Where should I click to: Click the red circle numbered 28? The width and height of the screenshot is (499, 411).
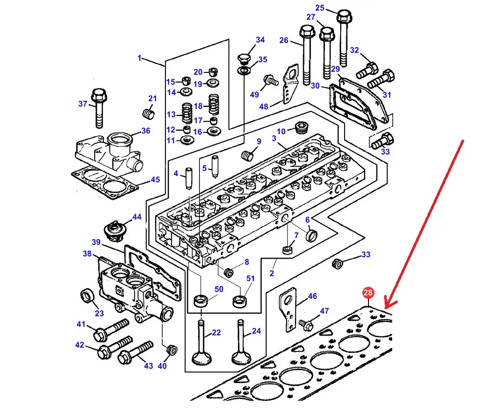(x=367, y=293)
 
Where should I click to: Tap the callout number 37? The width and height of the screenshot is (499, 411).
(x=82, y=104)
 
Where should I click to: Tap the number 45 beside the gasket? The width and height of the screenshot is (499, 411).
(x=155, y=180)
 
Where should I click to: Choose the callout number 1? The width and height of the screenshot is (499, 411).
(x=140, y=58)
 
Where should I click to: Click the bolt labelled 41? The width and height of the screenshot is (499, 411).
(x=109, y=330)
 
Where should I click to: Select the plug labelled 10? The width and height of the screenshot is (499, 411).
(x=302, y=127)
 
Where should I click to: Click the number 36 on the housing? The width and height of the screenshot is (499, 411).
(x=146, y=131)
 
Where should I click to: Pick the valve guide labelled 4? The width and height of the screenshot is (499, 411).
(x=189, y=177)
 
